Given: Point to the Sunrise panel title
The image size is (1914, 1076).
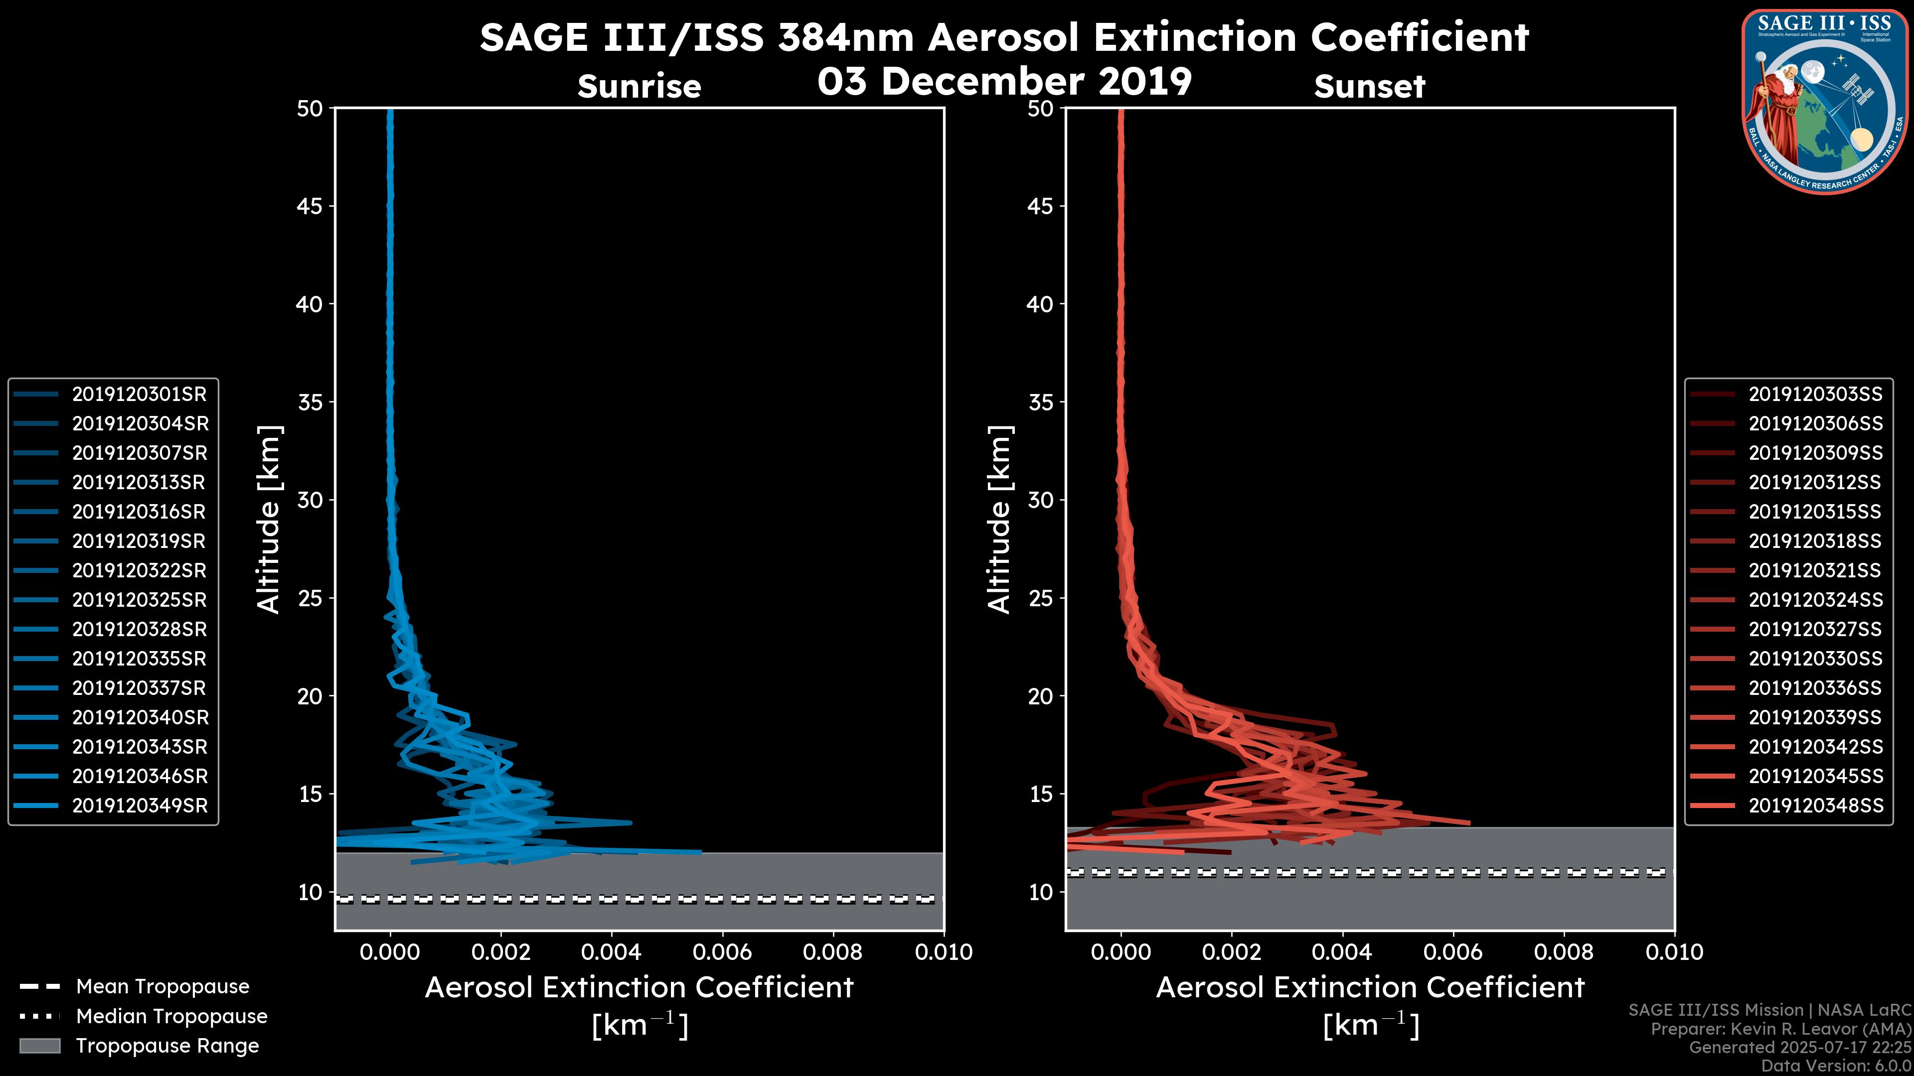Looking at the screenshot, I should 639,87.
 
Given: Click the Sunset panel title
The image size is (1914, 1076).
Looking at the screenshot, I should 1369,87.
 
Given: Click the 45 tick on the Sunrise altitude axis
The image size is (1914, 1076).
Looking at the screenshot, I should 310,206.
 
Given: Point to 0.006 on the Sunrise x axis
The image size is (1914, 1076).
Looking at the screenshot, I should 722,952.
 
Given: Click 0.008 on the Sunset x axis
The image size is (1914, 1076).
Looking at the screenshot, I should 1564,952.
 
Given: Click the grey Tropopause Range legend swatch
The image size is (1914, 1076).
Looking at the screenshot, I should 39,1046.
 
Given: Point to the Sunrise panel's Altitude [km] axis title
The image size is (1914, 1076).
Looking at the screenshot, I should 268,519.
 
